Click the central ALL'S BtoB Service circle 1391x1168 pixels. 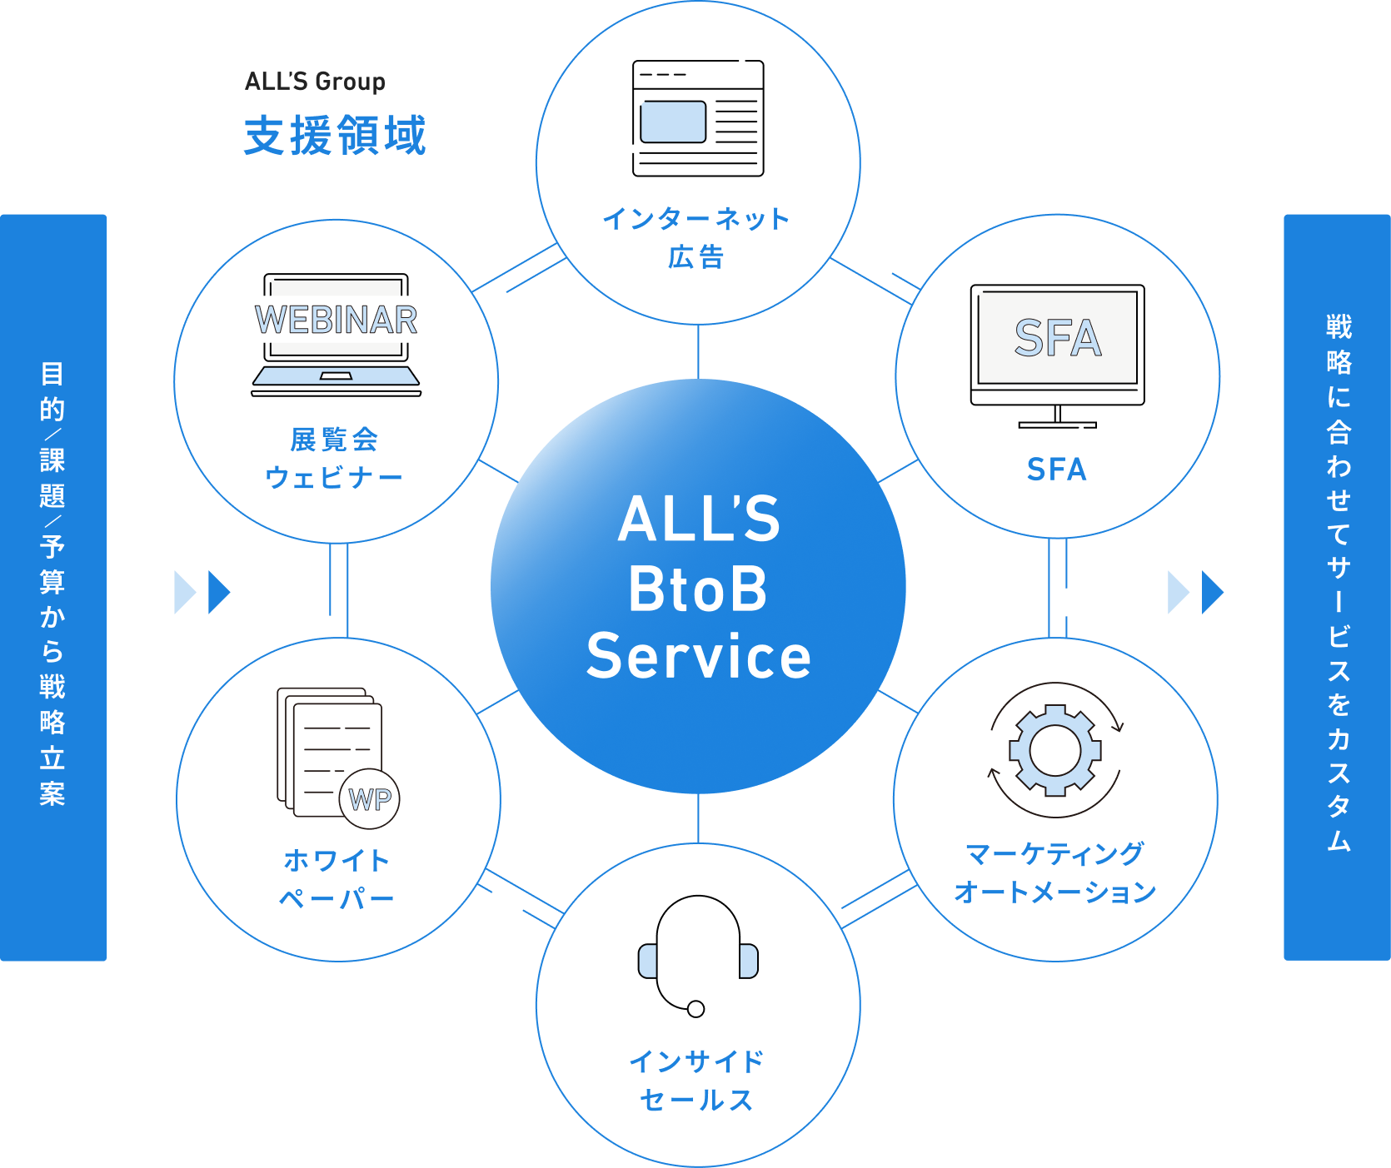tap(698, 587)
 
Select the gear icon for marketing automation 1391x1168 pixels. tap(1055, 749)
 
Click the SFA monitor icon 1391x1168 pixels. tap(1057, 354)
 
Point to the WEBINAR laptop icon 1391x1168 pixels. tap(337, 335)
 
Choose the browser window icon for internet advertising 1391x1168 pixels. tap(698, 118)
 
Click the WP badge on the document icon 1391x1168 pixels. tap(370, 799)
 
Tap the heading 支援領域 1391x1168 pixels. tap(335, 136)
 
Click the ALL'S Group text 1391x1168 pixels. tap(315, 82)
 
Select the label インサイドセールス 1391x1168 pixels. tap(697, 1081)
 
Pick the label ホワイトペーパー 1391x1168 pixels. tap(337, 879)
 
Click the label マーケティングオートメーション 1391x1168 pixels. tap(1055, 872)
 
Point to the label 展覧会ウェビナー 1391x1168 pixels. tap(334, 458)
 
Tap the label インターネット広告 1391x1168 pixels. tap(696, 238)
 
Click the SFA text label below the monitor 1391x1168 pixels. tap(1057, 470)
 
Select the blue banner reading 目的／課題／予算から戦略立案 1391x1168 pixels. tap(53, 587)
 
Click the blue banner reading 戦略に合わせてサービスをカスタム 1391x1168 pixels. tap(1336, 587)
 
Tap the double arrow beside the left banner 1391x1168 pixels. tap(202, 592)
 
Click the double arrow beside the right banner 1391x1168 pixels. tap(1195, 592)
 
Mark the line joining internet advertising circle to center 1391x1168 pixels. tap(698, 351)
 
